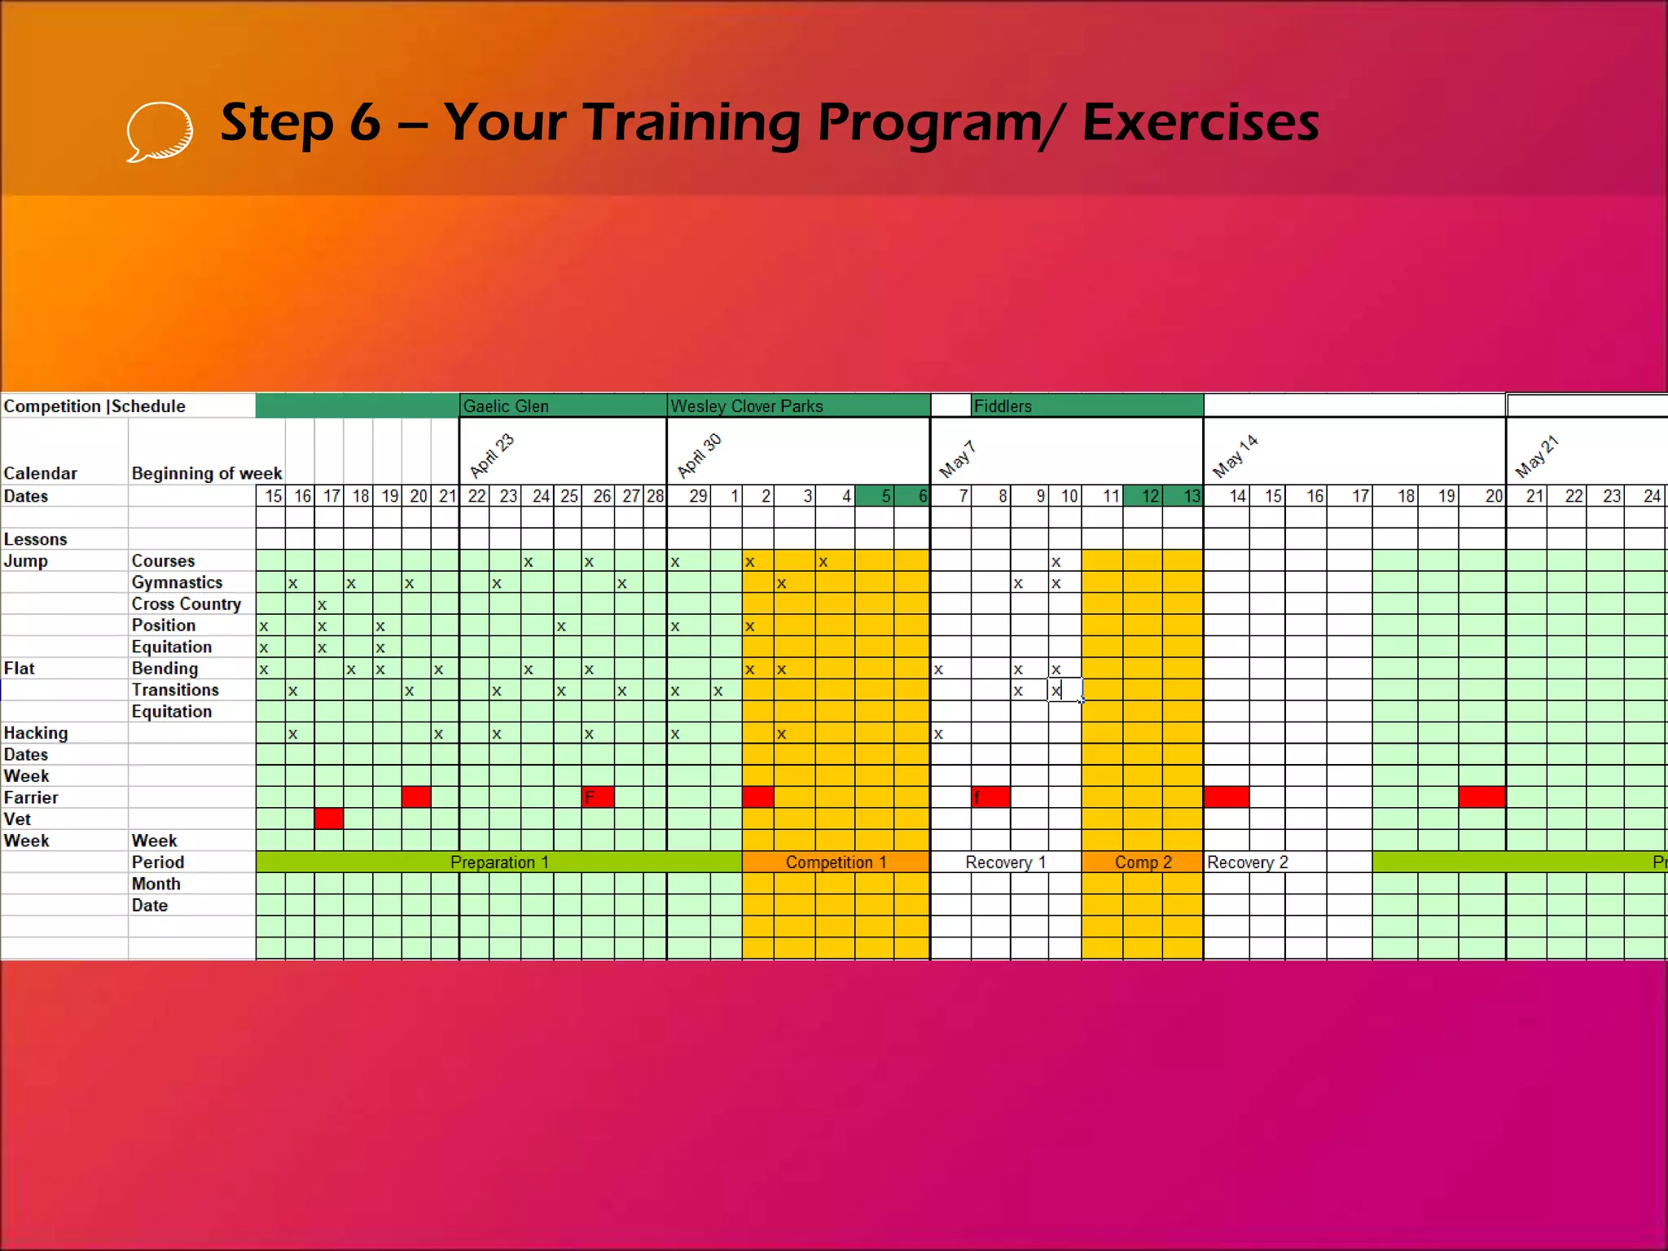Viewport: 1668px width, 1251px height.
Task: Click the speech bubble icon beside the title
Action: click(160, 130)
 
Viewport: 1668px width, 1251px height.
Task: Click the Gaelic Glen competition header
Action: click(506, 406)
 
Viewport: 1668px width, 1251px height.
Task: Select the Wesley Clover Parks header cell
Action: click(747, 406)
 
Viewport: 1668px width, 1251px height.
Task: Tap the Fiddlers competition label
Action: click(1003, 406)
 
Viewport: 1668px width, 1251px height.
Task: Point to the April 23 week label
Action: click(492, 455)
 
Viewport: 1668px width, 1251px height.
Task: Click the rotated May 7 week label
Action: click(957, 459)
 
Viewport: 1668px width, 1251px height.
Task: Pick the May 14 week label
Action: click(1235, 456)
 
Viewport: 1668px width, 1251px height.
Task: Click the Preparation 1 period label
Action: click(499, 863)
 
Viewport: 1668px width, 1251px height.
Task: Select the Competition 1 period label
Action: click(836, 863)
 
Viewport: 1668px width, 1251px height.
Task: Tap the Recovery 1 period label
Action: click(1005, 863)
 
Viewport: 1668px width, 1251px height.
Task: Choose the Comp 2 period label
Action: click(1143, 863)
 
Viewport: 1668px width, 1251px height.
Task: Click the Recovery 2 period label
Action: click(1247, 863)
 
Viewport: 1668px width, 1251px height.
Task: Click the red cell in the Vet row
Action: click(329, 819)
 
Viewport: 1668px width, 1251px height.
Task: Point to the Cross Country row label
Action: click(187, 604)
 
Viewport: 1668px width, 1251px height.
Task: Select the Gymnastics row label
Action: click(177, 582)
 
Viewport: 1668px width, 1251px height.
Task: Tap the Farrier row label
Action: click(31, 797)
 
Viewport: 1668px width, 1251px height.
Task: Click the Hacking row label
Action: click(36, 733)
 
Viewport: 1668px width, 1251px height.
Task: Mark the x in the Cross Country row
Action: click(323, 605)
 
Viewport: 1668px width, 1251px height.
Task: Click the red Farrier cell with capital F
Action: click(598, 797)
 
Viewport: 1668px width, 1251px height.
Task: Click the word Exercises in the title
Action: click(1201, 122)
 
